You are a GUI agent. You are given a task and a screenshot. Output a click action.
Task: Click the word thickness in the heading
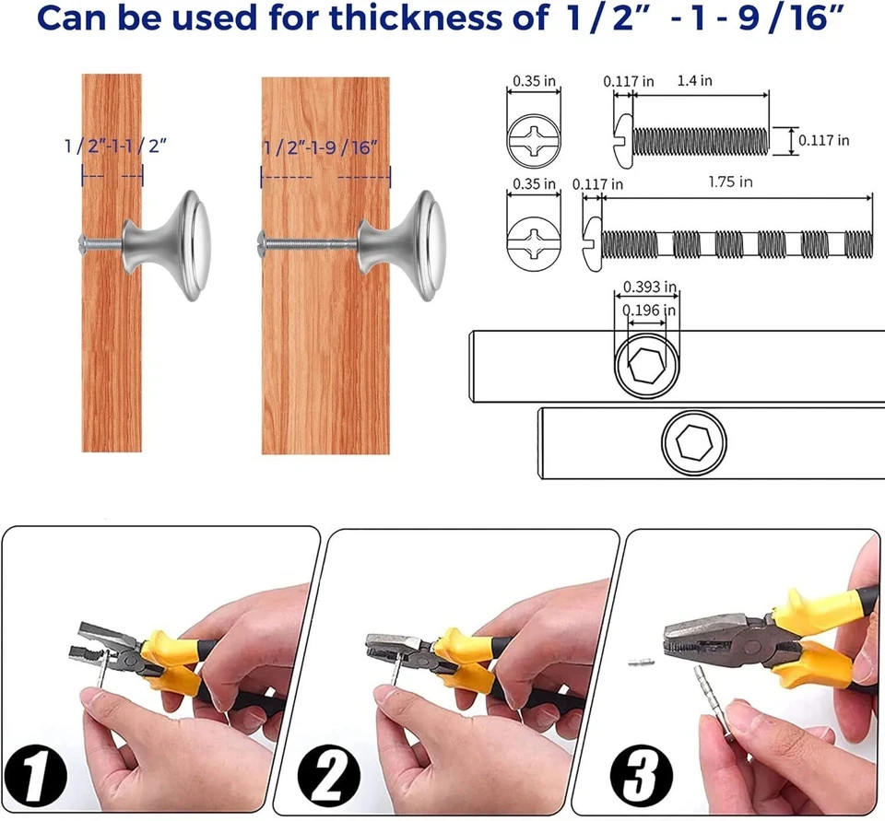tap(415, 18)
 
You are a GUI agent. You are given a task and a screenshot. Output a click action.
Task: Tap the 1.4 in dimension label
tap(694, 81)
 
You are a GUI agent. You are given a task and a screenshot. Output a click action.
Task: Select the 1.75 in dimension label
tap(730, 182)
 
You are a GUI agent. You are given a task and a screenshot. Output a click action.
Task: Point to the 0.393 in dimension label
tap(650, 287)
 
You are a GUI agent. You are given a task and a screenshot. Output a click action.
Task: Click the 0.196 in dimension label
tap(648, 311)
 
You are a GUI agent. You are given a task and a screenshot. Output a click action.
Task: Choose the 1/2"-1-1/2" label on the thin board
tap(115, 147)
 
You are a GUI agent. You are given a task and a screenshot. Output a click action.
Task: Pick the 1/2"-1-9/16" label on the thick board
tap(320, 147)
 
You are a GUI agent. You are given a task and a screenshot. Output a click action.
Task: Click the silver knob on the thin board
tap(167, 245)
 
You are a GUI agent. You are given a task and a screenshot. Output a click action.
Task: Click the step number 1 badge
tap(35, 774)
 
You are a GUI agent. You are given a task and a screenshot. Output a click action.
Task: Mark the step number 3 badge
tap(642, 775)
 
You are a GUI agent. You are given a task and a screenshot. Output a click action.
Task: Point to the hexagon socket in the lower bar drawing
tap(693, 441)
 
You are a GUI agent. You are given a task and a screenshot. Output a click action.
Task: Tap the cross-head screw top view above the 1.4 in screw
tap(534, 140)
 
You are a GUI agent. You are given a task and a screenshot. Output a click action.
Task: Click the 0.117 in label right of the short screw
tap(823, 140)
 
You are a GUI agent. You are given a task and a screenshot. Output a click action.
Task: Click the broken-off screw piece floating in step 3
tap(642, 660)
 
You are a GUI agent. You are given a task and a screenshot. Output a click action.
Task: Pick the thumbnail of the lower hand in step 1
tap(92, 699)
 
